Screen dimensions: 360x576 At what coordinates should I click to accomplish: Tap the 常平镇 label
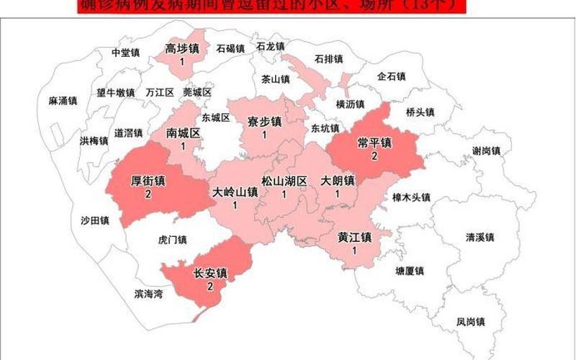(x=374, y=143)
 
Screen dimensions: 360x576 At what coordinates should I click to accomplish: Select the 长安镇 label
(x=210, y=273)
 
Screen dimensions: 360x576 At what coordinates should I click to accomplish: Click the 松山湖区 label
(x=284, y=181)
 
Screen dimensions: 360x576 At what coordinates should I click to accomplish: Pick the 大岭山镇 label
(x=235, y=192)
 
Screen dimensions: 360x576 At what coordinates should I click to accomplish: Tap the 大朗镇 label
(x=337, y=181)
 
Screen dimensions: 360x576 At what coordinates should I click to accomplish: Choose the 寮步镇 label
(x=264, y=121)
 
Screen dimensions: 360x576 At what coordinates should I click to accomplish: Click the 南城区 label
(x=183, y=133)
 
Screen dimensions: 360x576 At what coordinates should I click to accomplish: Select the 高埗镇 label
(x=182, y=49)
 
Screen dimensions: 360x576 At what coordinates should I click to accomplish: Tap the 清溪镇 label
(x=480, y=237)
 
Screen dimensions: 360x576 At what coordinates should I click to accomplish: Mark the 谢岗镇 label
(x=486, y=150)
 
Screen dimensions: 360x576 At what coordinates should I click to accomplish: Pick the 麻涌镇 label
(x=63, y=102)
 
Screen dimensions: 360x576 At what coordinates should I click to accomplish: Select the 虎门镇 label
(x=172, y=240)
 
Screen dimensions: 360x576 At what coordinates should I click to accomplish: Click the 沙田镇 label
(x=94, y=220)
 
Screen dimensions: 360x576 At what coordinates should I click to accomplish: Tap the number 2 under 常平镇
(x=374, y=156)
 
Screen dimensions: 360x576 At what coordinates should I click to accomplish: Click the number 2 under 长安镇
(x=210, y=286)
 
